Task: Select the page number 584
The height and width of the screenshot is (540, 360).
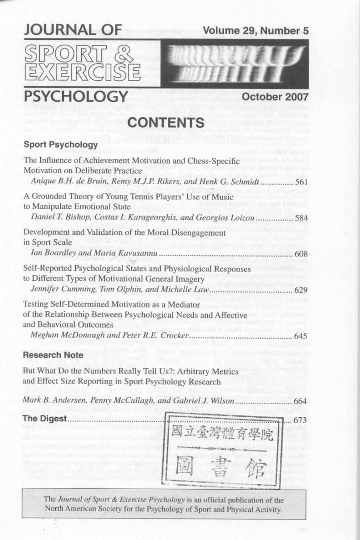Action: [x=301, y=218]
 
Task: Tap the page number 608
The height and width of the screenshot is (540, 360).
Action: [x=301, y=254]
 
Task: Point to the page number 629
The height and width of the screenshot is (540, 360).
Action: [x=301, y=291]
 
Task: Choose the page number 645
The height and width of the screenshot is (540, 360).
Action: [x=301, y=336]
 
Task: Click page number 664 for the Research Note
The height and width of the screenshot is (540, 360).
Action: [x=301, y=401]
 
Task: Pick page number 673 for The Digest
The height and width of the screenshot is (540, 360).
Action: [x=301, y=420]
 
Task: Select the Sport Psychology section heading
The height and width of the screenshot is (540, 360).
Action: [x=60, y=145]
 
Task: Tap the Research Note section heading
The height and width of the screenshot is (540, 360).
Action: [x=53, y=355]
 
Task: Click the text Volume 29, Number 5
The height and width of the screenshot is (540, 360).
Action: [x=255, y=31]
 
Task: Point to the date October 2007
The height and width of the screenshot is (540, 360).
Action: [x=275, y=97]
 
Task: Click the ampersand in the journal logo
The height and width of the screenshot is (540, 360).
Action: [x=119, y=55]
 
